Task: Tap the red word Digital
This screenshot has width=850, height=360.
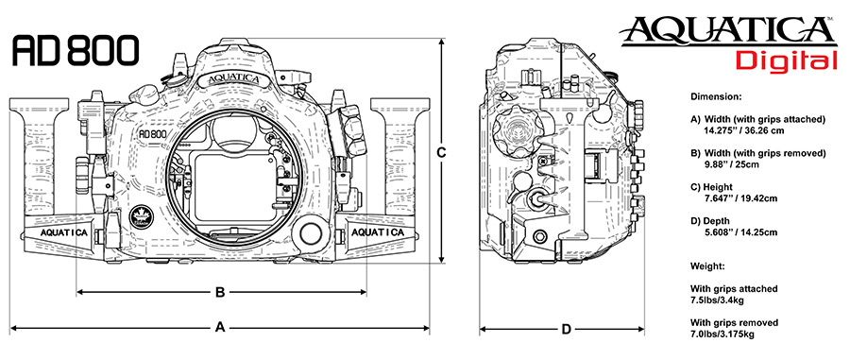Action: click(x=787, y=60)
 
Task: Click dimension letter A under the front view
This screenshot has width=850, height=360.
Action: click(x=219, y=327)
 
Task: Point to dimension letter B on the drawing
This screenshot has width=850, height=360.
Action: click(x=220, y=292)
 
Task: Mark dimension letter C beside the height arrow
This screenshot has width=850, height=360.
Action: click(x=441, y=153)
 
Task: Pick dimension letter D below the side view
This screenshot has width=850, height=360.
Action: click(x=566, y=329)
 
